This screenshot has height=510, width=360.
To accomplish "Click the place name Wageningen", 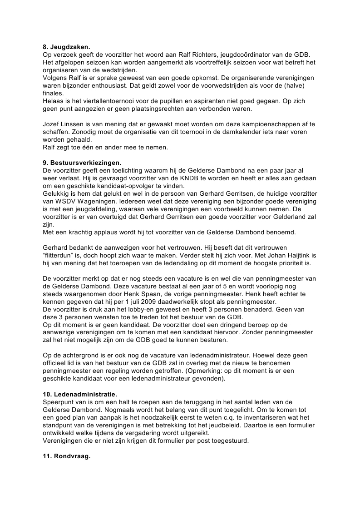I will pos(94,201).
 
